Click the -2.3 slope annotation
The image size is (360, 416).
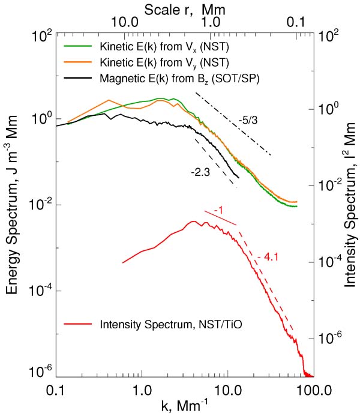(199, 172)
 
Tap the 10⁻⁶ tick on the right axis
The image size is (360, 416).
(327, 338)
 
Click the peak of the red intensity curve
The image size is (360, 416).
(193, 222)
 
